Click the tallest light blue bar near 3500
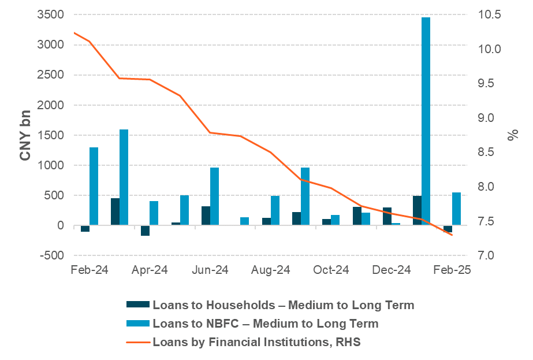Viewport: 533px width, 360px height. click(426, 121)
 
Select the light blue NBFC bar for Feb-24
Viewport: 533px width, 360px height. click(94, 186)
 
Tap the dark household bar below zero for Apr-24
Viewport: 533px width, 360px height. click(145, 231)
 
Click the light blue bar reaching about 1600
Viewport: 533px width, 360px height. click(124, 177)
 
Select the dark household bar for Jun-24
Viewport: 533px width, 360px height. click(206, 216)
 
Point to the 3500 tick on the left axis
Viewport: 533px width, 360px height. click(51, 14)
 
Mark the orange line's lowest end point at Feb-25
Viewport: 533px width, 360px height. click(452, 235)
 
